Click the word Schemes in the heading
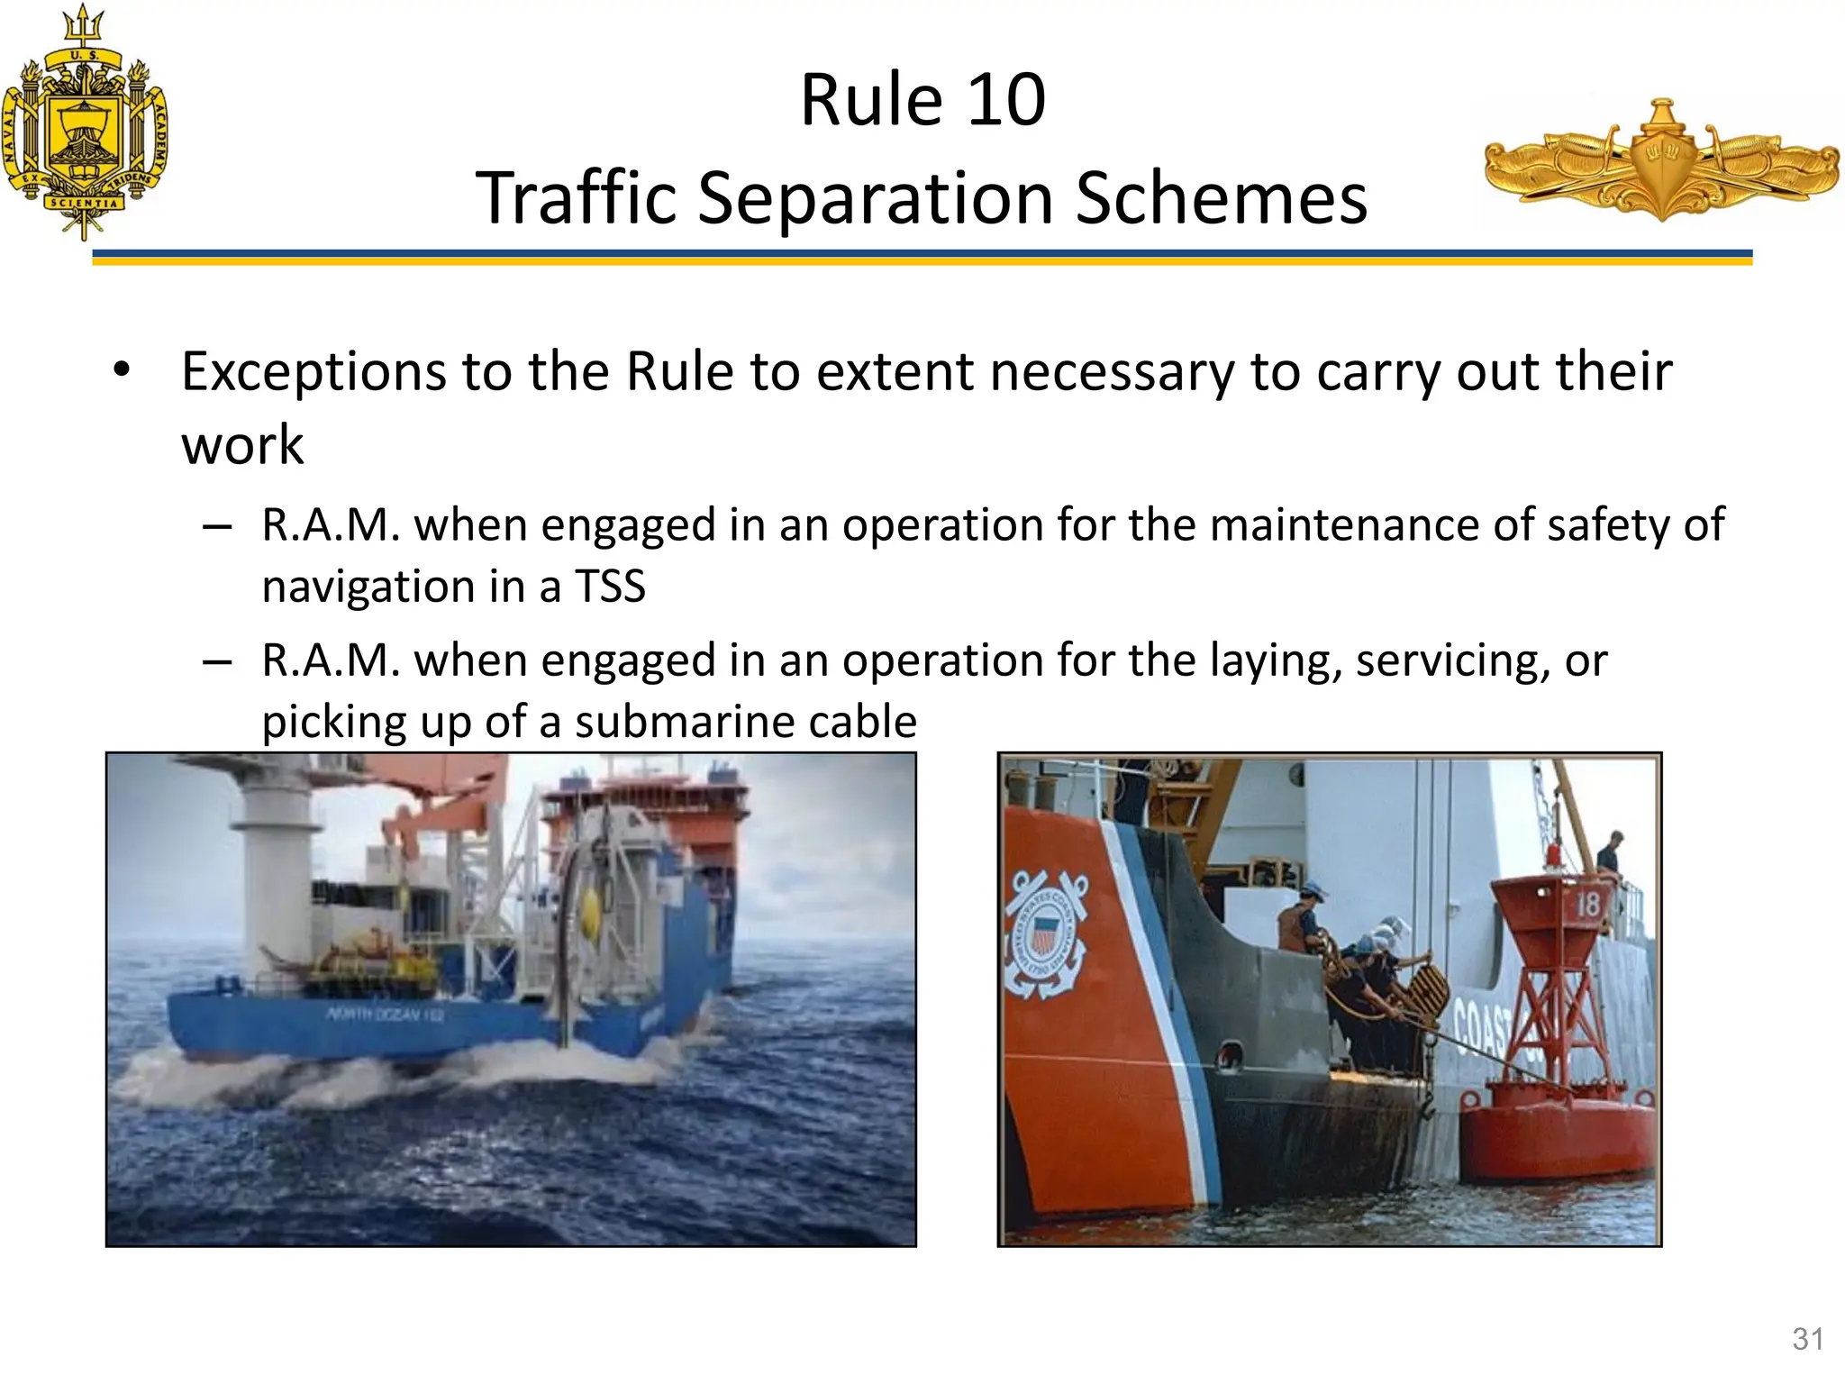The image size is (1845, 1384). (x=1222, y=198)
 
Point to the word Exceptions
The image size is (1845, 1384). (x=314, y=372)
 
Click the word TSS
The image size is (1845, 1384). (x=610, y=587)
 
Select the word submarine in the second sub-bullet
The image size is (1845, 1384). (x=685, y=723)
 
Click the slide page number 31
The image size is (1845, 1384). (x=1808, y=1339)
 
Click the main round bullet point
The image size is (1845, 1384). (x=122, y=370)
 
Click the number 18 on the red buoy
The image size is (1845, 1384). (x=1587, y=904)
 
